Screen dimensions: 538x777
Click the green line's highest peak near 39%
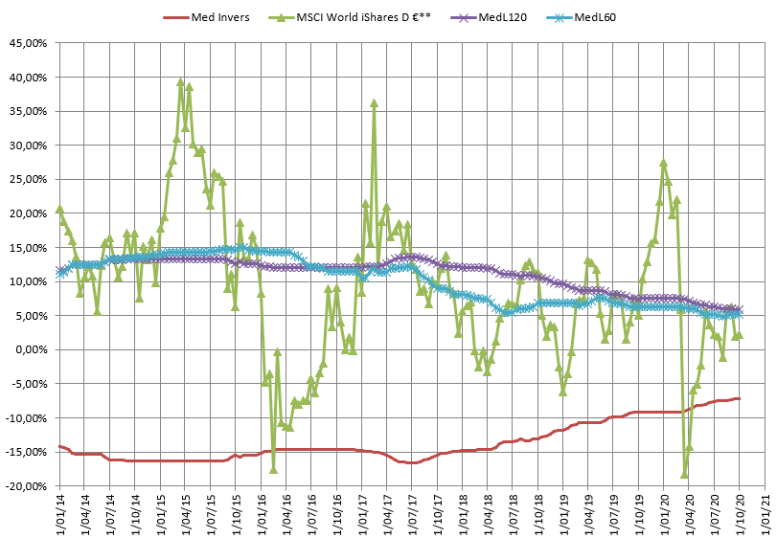pyautogui.click(x=181, y=82)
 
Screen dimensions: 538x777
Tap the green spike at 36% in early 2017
pyautogui.click(x=374, y=103)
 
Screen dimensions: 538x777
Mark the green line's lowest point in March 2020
pyautogui.click(x=684, y=473)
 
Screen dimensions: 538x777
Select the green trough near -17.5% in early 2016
pyautogui.click(x=273, y=469)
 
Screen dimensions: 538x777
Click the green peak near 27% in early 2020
pyautogui.click(x=663, y=164)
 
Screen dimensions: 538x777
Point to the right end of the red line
pyautogui.click(x=738, y=398)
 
